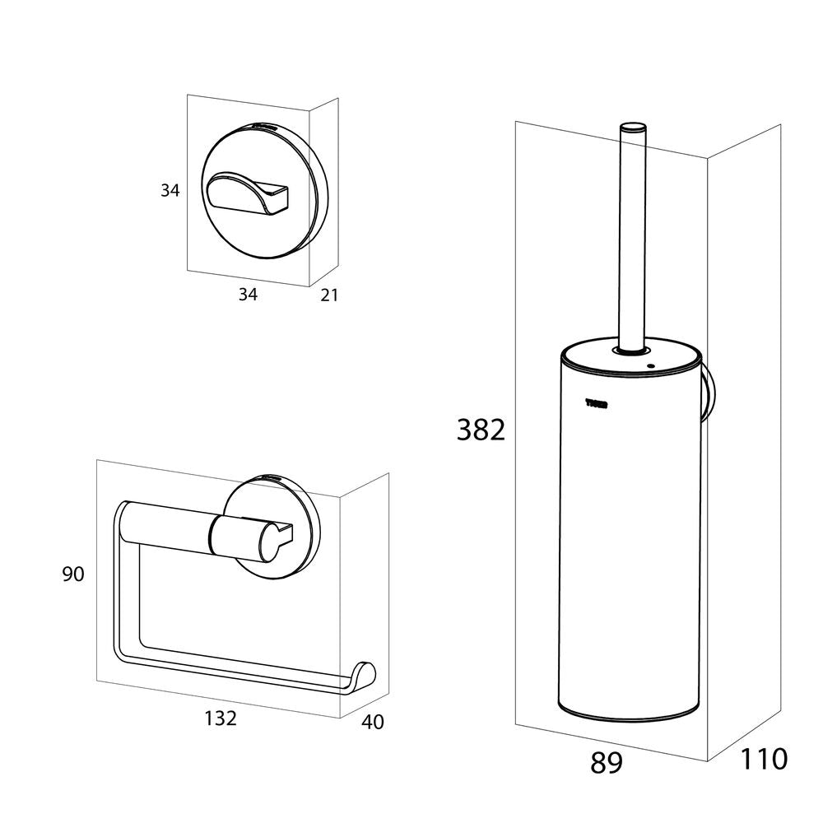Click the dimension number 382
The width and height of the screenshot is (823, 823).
(x=481, y=430)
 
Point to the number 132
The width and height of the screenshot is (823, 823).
(x=221, y=718)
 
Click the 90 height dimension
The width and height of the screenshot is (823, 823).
(x=73, y=574)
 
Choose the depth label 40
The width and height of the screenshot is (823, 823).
(x=372, y=723)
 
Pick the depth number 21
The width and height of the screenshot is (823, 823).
(x=328, y=295)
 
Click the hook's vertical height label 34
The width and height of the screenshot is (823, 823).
(x=170, y=191)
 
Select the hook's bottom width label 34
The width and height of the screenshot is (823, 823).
(x=248, y=295)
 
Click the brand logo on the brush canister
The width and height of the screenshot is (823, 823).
(x=596, y=402)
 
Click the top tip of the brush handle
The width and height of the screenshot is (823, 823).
(x=632, y=128)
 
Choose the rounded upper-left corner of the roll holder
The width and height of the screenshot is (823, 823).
(x=123, y=512)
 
